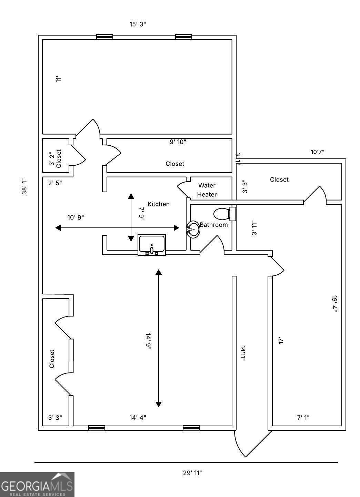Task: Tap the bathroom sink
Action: (193, 229)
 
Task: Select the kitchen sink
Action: (152, 245)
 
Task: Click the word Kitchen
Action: (159, 204)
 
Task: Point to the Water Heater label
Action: (207, 190)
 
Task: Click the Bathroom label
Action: (214, 225)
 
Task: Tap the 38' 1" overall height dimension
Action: (24, 186)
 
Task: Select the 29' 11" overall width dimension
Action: (192, 473)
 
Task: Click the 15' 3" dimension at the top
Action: (138, 24)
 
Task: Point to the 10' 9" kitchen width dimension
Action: (76, 217)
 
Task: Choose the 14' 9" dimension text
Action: (148, 342)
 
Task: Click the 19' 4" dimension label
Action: (334, 304)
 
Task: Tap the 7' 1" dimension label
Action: (303, 418)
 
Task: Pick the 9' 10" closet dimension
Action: (178, 142)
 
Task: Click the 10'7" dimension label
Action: (318, 152)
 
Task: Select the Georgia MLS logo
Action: (37, 484)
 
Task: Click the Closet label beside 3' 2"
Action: (59, 158)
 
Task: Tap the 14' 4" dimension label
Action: (138, 418)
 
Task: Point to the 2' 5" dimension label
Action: (55, 183)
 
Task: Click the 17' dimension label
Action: (281, 341)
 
